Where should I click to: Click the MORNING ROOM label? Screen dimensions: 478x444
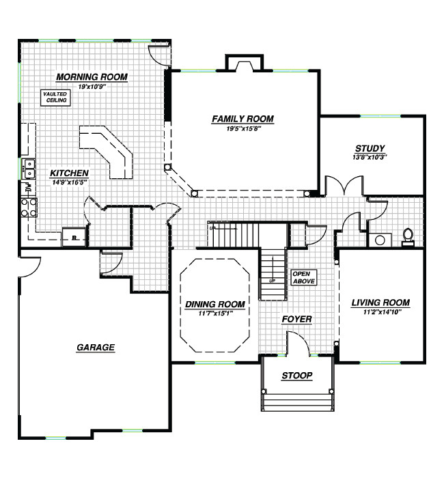[92, 76]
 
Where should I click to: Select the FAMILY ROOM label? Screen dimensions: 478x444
[242, 119]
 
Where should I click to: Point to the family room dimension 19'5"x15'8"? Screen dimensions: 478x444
[242, 128]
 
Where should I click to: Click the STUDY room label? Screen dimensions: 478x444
[370, 148]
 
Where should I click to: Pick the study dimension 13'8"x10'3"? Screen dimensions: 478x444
[370, 156]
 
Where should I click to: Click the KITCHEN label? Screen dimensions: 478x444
[68, 173]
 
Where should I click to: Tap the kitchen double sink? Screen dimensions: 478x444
[29, 169]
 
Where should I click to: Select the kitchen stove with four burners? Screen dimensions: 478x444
[29, 207]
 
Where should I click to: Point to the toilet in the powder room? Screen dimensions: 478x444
[408, 236]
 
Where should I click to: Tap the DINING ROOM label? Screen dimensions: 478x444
[214, 304]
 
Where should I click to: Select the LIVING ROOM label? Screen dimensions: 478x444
[380, 303]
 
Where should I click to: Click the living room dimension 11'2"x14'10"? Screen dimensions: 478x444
[380, 311]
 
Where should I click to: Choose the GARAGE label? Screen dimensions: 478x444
[96, 348]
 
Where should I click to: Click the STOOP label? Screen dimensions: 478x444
[297, 376]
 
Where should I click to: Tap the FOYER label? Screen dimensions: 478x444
[297, 319]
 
